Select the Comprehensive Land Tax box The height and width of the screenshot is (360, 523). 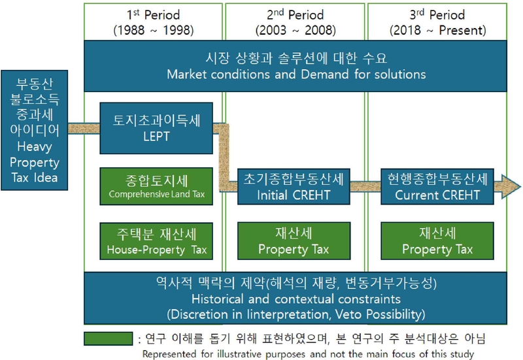[x=157, y=186]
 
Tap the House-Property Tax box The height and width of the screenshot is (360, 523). [x=157, y=240]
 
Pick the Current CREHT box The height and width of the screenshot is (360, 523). [x=436, y=186]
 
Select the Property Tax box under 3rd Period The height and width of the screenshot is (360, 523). [x=436, y=240]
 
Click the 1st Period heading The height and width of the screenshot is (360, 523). [x=154, y=14]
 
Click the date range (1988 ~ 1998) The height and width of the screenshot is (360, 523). [x=154, y=30]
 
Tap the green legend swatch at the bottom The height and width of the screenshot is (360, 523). [x=107, y=338]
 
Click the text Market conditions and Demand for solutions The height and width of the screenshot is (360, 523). [x=296, y=74]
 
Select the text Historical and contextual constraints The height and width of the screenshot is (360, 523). [x=296, y=299]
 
